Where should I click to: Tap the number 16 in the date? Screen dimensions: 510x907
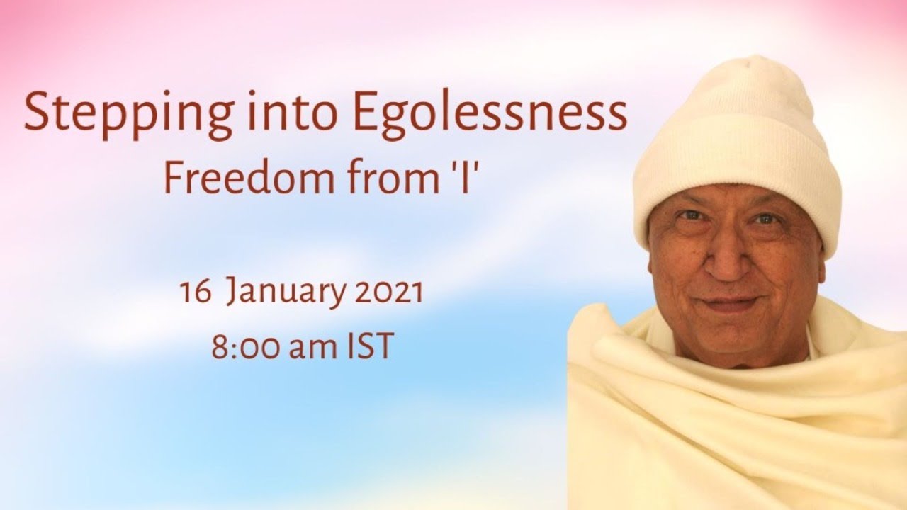(x=196, y=292)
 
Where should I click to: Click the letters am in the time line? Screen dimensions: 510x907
(x=314, y=349)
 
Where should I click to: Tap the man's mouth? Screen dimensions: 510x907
(x=730, y=304)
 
